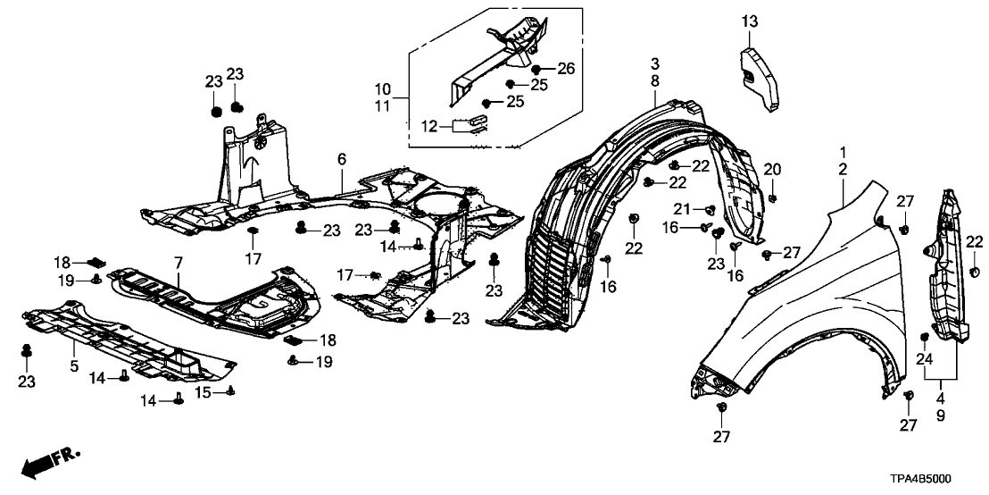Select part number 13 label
(x=749, y=21)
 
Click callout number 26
(x=567, y=69)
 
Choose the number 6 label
(x=341, y=160)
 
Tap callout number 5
(x=76, y=365)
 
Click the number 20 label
(x=772, y=169)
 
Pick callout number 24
(x=923, y=358)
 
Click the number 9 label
(x=941, y=415)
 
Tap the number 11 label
(x=382, y=106)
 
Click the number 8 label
(x=655, y=80)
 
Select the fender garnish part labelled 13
(x=761, y=80)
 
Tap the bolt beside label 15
(x=232, y=390)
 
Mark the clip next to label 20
(x=772, y=196)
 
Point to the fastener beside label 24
(x=923, y=336)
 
